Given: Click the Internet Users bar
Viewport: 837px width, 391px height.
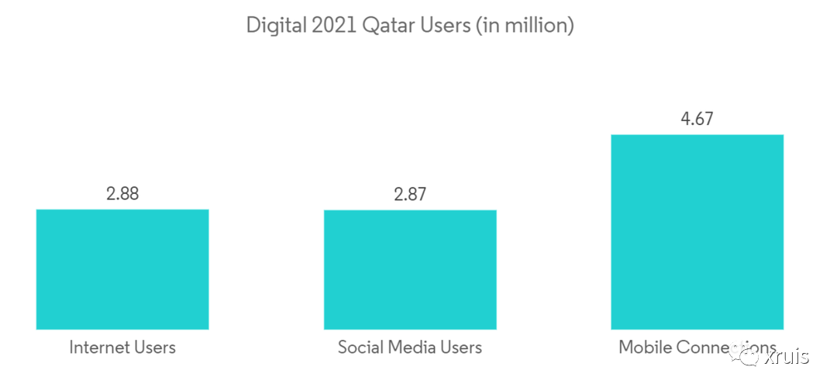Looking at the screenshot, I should click(x=122, y=269).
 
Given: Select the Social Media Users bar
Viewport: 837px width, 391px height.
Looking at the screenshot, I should click(x=410, y=269).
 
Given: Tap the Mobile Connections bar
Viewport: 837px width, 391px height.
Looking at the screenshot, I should click(x=697, y=232).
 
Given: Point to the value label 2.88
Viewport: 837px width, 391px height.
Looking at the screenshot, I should click(x=122, y=194).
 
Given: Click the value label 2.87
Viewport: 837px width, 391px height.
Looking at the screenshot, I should click(x=410, y=195).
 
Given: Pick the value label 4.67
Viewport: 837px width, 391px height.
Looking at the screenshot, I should click(x=697, y=119).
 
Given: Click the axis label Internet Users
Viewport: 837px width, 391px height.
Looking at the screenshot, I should click(x=122, y=347).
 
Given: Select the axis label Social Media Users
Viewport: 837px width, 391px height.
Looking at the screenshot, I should click(x=410, y=347).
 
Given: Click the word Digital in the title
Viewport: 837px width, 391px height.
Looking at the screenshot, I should click(x=273, y=25).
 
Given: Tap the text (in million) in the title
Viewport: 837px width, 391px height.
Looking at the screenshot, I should click(x=525, y=25).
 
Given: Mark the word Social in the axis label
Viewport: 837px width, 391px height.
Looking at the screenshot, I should click(x=360, y=347).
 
